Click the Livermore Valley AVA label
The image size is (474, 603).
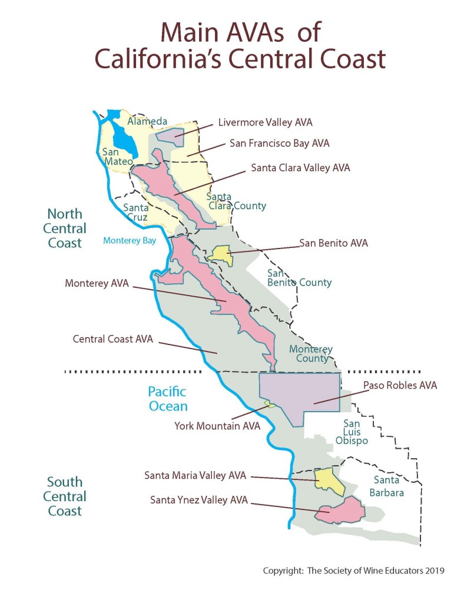(x=265, y=123)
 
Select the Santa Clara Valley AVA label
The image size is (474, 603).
(x=300, y=168)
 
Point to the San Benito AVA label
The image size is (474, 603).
(x=333, y=242)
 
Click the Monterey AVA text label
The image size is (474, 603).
(x=95, y=284)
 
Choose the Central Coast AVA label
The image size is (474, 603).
(x=112, y=339)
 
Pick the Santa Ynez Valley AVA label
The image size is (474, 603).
(x=199, y=501)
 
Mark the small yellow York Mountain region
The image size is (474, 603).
(x=270, y=404)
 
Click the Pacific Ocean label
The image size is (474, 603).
(x=168, y=399)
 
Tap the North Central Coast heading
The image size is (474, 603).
(x=65, y=228)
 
